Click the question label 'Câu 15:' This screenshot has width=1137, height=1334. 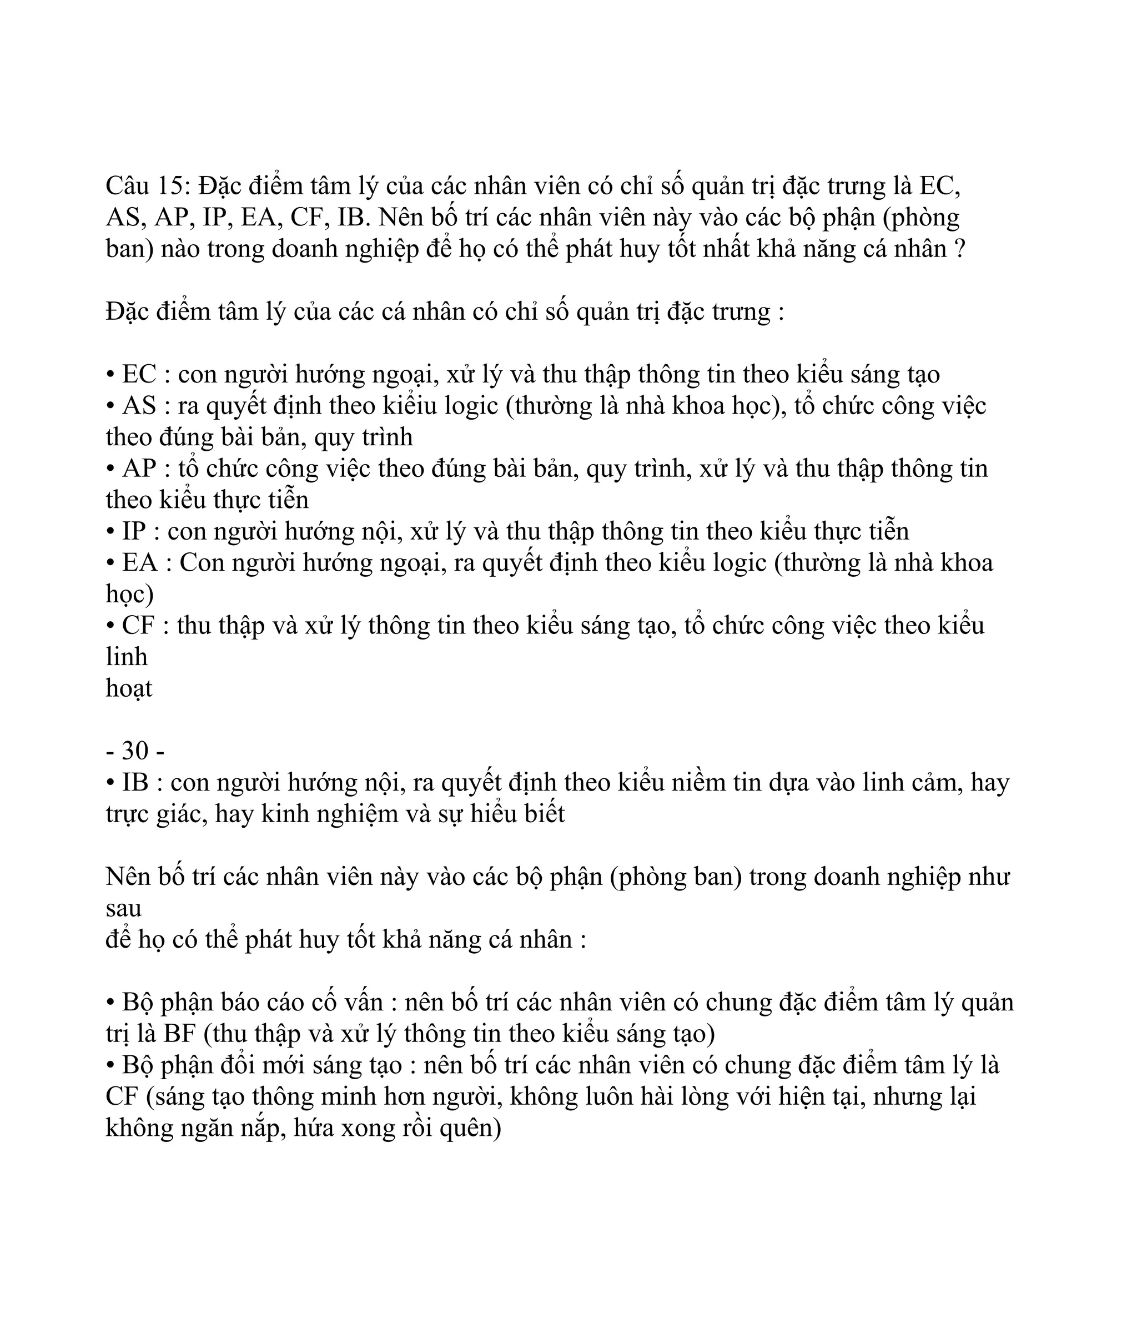[x=148, y=187]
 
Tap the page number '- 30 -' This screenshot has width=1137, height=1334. [x=135, y=751]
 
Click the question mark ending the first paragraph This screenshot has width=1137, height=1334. [x=959, y=249]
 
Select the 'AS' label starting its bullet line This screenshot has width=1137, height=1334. [x=139, y=406]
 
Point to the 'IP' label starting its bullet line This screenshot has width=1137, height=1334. [x=134, y=532]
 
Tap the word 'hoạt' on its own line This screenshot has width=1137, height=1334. [x=129, y=689]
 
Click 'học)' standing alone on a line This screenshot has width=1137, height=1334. [x=129, y=594]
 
